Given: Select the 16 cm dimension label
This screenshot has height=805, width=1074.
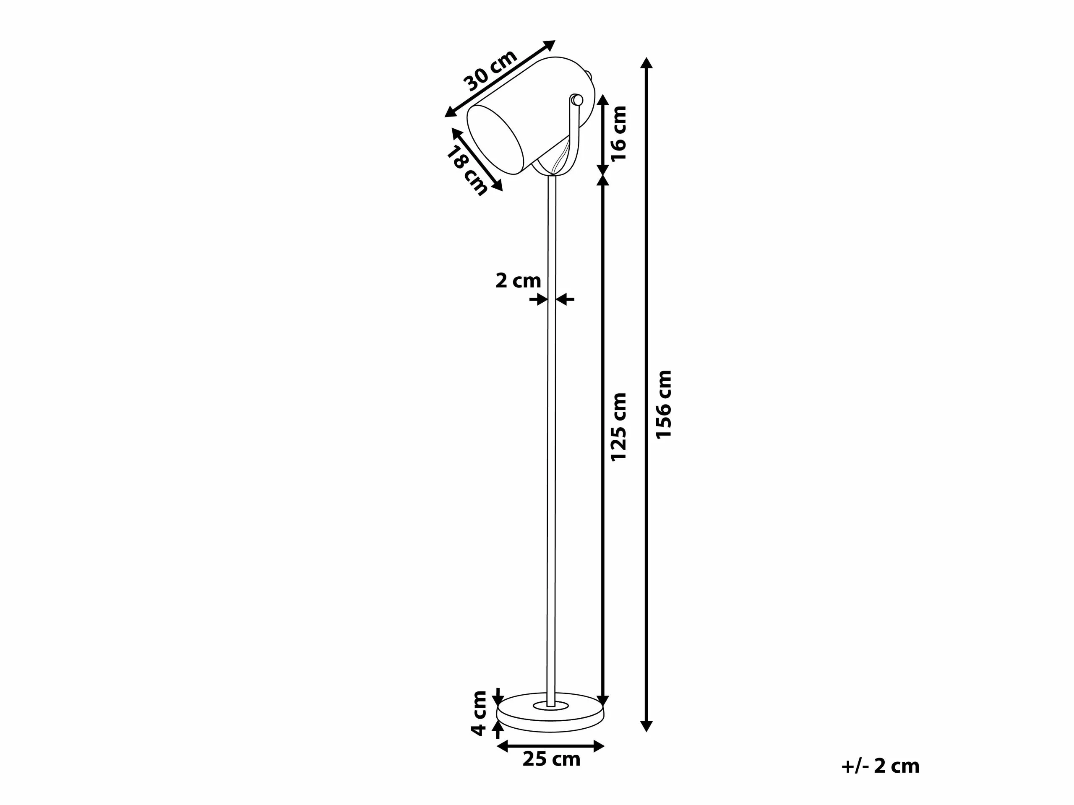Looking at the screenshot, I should (x=618, y=133).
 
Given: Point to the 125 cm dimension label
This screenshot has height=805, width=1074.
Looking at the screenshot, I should (x=618, y=427).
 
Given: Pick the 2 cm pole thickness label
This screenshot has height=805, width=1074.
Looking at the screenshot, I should (x=518, y=281).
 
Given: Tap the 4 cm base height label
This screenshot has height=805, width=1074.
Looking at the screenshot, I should (x=479, y=713).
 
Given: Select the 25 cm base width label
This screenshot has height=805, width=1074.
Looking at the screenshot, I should (x=551, y=759).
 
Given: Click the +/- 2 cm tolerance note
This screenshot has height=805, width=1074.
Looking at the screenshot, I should (x=880, y=766).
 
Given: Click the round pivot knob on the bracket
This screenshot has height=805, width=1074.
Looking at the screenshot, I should (x=577, y=100).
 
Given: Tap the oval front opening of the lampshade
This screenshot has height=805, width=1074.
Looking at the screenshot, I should (x=495, y=140).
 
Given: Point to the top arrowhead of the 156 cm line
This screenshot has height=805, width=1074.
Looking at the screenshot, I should (x=646, y=62).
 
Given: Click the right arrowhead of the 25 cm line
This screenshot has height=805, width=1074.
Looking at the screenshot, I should (x=599, y=746).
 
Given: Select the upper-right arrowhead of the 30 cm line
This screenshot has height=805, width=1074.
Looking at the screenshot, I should (x=550, y=44).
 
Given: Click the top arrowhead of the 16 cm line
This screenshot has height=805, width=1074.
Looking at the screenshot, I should (x=602, y=100).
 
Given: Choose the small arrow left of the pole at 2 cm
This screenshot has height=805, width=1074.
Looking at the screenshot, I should (x=539, y=299).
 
